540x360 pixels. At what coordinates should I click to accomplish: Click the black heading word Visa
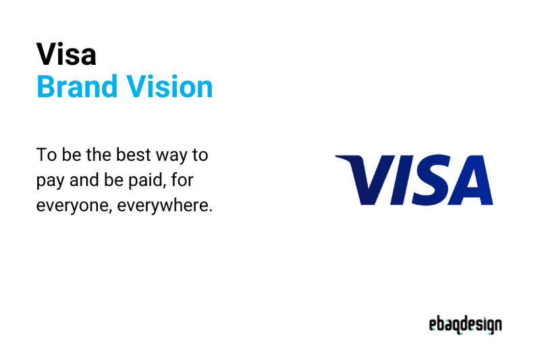(66, 54)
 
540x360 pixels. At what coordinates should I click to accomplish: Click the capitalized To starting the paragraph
(46, 155)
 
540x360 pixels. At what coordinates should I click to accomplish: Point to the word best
(128, 155)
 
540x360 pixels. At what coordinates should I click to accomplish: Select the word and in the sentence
(84, 180)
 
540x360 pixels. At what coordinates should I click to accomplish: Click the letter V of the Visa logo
(365, 180)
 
